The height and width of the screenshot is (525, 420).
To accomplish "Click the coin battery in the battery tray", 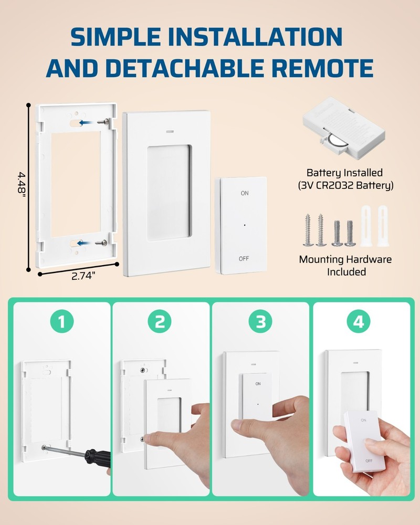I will coord(335,141).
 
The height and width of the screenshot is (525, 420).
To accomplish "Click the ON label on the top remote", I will coord(244,193).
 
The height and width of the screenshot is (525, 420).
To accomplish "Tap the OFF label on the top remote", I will coord(244,258).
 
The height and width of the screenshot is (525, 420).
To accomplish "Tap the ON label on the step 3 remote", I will coord(258,384).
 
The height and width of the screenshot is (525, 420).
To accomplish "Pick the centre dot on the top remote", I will coord(245,225).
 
